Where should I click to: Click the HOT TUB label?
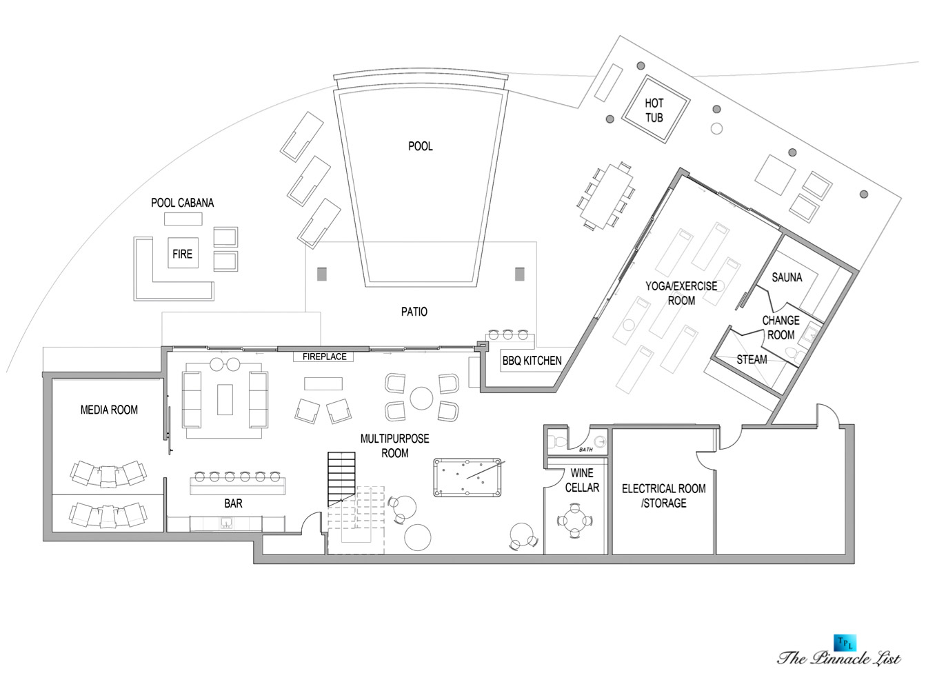click(x=654, y=110)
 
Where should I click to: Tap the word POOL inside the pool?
click(x=420, y=146)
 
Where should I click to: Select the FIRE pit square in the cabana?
click(x=183, y=252)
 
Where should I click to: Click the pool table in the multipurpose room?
click(x=467, y=477)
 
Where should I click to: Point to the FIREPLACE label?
click(x=325, y=357)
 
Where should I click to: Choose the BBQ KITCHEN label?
click(x=532, y=361)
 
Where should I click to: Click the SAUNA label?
click(x=787, y=277)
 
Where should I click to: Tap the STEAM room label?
click(x=752, y=359)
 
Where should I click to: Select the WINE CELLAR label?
click(x=582, y=480)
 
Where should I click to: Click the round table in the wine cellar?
click(x=574, y=521)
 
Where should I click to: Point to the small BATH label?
click(x=586, y=450)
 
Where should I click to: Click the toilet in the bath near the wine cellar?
click(x=558, y=441)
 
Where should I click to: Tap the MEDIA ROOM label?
click(x=109, y=410)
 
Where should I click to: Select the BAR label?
click(x=233, y=503)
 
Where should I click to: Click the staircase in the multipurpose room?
click(x=341, y=479)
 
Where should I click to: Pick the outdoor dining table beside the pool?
click(x=605, y=196)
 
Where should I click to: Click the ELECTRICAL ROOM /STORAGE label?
click(x=663, y=495)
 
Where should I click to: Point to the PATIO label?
click(x=414, y=312)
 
